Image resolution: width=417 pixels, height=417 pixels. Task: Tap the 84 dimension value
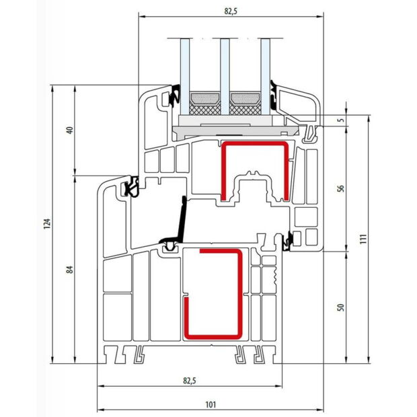coord(69,270)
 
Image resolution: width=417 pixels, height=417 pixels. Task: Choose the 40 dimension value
coord(69,130)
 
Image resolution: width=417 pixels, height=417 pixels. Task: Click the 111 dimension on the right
coord(362,239)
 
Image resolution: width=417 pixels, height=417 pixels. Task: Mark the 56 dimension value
coord(340,189)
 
